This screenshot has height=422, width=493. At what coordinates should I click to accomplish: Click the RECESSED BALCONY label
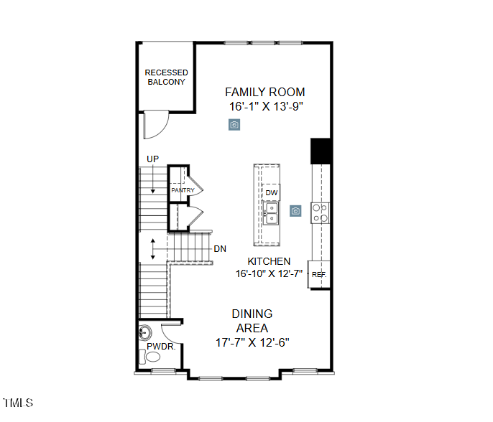(x=166, y=78)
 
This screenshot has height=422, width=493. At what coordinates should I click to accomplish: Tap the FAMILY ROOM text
(x=264, y=92)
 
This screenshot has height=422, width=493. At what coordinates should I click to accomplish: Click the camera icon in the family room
(x=234, y=124)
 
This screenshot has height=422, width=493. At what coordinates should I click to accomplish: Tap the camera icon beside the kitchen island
(x=295, y=211)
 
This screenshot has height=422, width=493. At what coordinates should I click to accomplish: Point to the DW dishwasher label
(x=271, y=193)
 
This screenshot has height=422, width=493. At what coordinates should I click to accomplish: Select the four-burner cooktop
(x=320, y=212)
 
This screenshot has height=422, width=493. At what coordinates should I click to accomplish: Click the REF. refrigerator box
(x=319, y=274)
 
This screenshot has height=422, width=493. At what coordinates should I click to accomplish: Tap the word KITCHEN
(x=269, y=261)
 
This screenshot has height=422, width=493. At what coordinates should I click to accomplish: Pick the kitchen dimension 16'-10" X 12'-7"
(x=269, y=273)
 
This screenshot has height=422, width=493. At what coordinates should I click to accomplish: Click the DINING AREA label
(x=252, y=321)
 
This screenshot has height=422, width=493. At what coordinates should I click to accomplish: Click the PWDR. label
(x=160, y=347)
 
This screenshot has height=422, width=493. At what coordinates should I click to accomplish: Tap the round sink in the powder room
(x=145, y=333)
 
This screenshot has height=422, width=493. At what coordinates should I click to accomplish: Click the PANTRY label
(x=183, y=190)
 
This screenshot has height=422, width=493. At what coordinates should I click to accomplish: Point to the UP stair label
(x=152, y=159)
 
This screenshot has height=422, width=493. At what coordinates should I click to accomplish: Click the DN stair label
(x=220, y=249)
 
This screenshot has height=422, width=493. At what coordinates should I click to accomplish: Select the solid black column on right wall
(x=320, y=151)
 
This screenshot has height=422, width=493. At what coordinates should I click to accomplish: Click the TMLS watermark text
(x=18, y=403)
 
